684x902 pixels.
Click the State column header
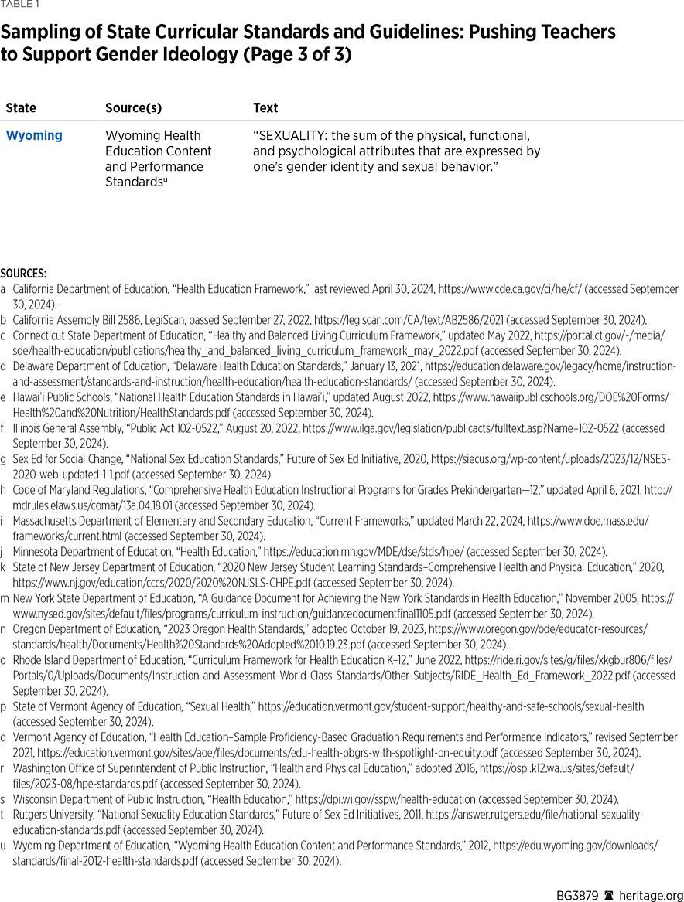click(x=21, y=108)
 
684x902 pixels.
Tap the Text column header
click(x=265, y=108)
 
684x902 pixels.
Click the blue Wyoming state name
click(x=34, y=136)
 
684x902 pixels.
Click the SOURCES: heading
click(x=23, y=273)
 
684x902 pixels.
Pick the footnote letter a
click(x=5, y=289)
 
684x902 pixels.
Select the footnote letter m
click(x=5, y=598)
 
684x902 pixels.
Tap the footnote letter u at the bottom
click(x=5, y=846)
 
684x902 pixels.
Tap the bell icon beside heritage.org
click(x=609, y=896)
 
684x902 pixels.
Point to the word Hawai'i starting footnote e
click(x=28, y=397)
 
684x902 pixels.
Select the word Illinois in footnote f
click(x=26, y=428)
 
